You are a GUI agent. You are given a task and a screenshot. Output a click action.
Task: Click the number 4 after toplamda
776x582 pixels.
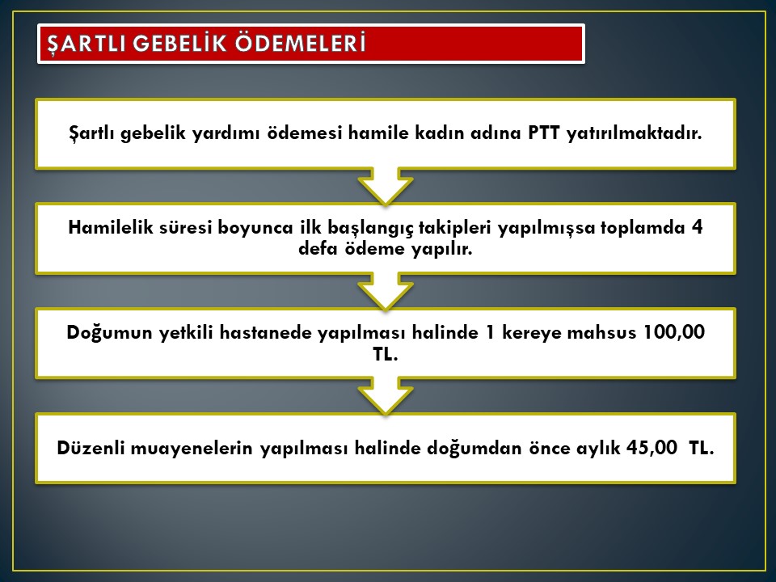697,227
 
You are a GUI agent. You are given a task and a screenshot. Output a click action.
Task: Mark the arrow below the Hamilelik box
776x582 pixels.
386,291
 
